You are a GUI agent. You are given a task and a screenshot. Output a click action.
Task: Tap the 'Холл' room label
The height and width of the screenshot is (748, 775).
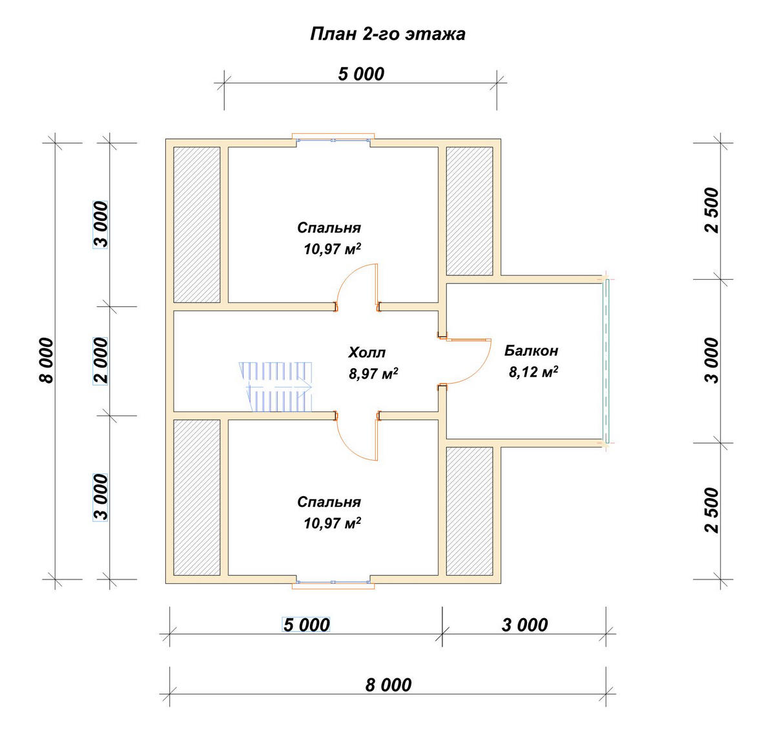click(x=367, y=353)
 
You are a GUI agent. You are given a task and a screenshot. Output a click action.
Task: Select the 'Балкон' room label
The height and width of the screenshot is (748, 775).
click(x=532, y=351)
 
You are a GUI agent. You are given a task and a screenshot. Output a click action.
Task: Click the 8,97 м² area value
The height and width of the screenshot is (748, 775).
click(x=373, y=373)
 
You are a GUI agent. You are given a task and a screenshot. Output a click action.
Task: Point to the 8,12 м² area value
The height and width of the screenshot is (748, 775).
click(x=533, y=371)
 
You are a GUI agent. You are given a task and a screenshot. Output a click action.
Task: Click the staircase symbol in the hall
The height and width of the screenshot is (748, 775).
click(x=276, y=386)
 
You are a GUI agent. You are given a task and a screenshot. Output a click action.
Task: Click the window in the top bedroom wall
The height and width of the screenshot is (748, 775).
click(x=333, y=140)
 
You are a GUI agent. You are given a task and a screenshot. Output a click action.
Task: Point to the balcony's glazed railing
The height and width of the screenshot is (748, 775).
click(x=606, y=361)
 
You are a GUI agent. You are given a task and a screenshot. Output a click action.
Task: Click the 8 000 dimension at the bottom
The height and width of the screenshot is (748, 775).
click(x=388, y=685)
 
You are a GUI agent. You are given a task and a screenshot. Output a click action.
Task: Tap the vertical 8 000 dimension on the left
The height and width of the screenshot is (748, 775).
click(x=46, y=360)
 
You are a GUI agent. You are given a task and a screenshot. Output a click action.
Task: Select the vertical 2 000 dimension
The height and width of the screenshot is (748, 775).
click(x=101, y=360)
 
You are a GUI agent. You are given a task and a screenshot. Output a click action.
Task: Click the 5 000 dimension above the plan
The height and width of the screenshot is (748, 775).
click(x=361, y=74)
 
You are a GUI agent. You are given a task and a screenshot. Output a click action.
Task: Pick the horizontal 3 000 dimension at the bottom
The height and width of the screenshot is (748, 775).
click(x=524, y=625)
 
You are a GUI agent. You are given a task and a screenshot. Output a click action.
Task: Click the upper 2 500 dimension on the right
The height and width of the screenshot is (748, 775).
click(x=712, y=211)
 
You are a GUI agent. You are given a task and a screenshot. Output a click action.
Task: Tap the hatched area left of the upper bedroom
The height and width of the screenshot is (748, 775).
click(x=197, y=225)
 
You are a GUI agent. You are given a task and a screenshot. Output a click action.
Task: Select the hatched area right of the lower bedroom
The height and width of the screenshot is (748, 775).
click(x=470, y=511)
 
